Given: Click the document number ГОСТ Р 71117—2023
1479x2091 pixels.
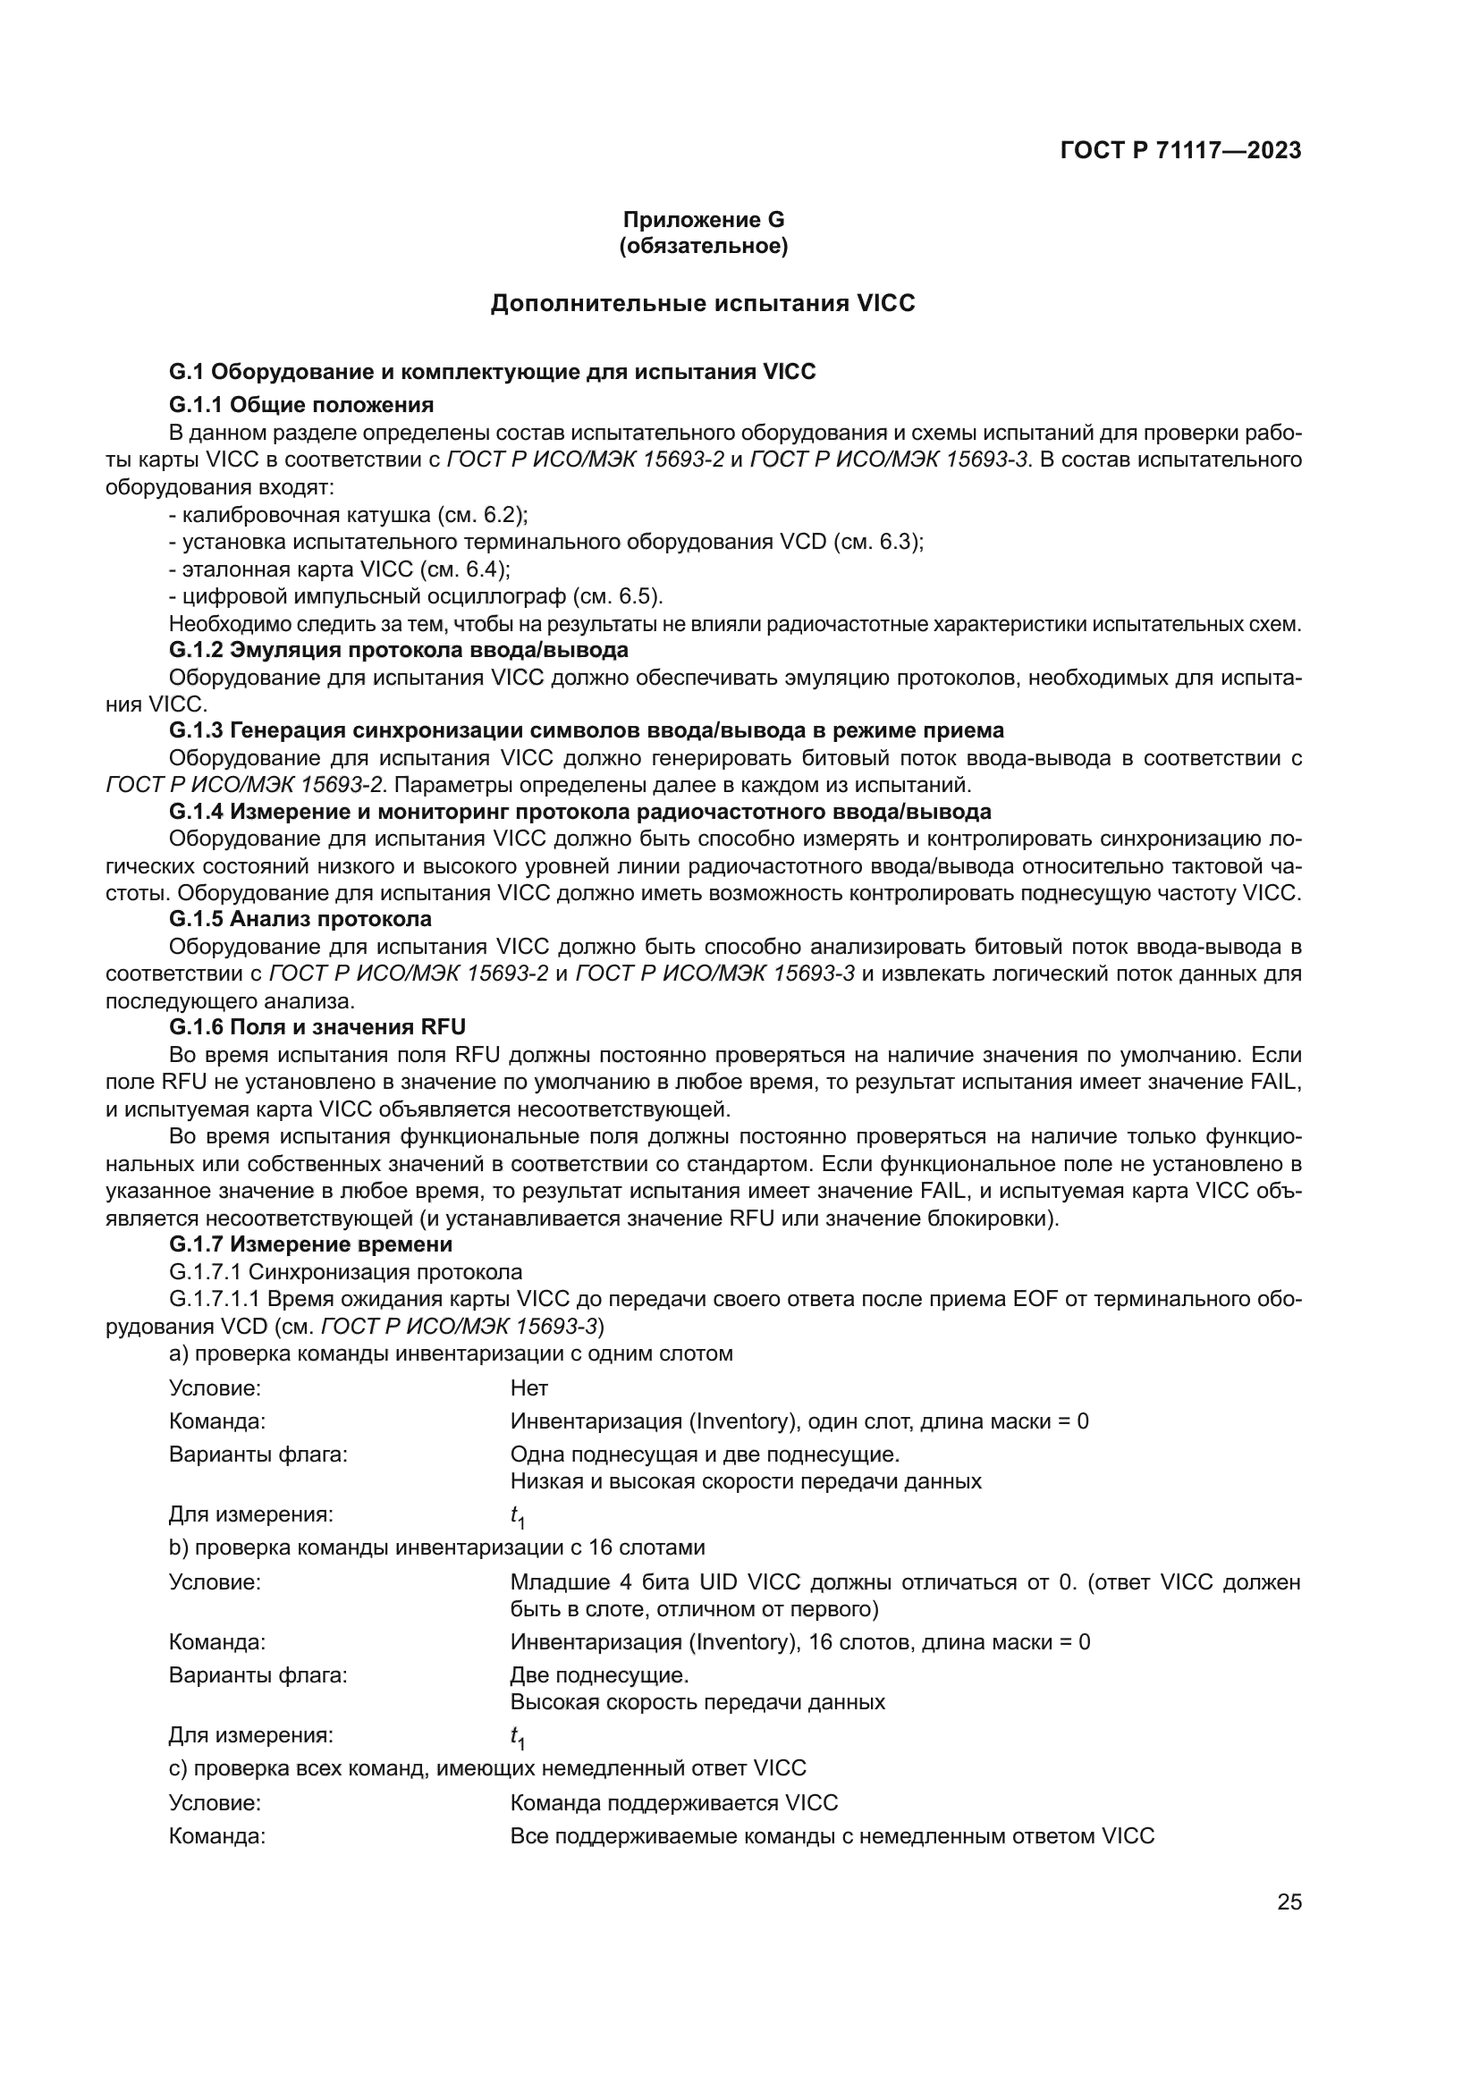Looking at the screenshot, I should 1180,151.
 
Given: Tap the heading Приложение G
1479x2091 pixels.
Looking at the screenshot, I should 703,220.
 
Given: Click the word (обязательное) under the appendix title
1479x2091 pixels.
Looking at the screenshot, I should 703,246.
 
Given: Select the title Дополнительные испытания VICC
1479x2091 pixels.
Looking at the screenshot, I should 703,303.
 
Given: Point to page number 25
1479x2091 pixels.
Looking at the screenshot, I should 1289,1902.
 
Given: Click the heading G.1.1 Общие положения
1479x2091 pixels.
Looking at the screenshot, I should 301,404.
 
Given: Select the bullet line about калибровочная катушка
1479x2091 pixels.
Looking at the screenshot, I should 349,515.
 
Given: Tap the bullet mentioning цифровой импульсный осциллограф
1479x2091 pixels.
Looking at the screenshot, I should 416,596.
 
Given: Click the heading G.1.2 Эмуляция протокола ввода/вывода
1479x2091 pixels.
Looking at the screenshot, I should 399,650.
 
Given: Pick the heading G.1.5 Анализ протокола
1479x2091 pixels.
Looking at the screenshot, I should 300,919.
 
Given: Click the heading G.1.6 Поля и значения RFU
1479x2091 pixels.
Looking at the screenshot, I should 317,1027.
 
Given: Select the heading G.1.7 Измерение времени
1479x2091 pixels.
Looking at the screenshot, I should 310,1244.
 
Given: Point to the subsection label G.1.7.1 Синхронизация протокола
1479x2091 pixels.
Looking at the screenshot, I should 346,1271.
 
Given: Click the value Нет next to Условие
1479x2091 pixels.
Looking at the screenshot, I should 529,1388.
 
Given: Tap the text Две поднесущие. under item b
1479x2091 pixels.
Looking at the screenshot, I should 599,1674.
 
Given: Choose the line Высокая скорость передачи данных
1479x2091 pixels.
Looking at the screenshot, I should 697,1702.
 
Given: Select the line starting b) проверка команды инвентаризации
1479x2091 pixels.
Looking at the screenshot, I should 437,1547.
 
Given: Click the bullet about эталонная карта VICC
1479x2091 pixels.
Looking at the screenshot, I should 340,569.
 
